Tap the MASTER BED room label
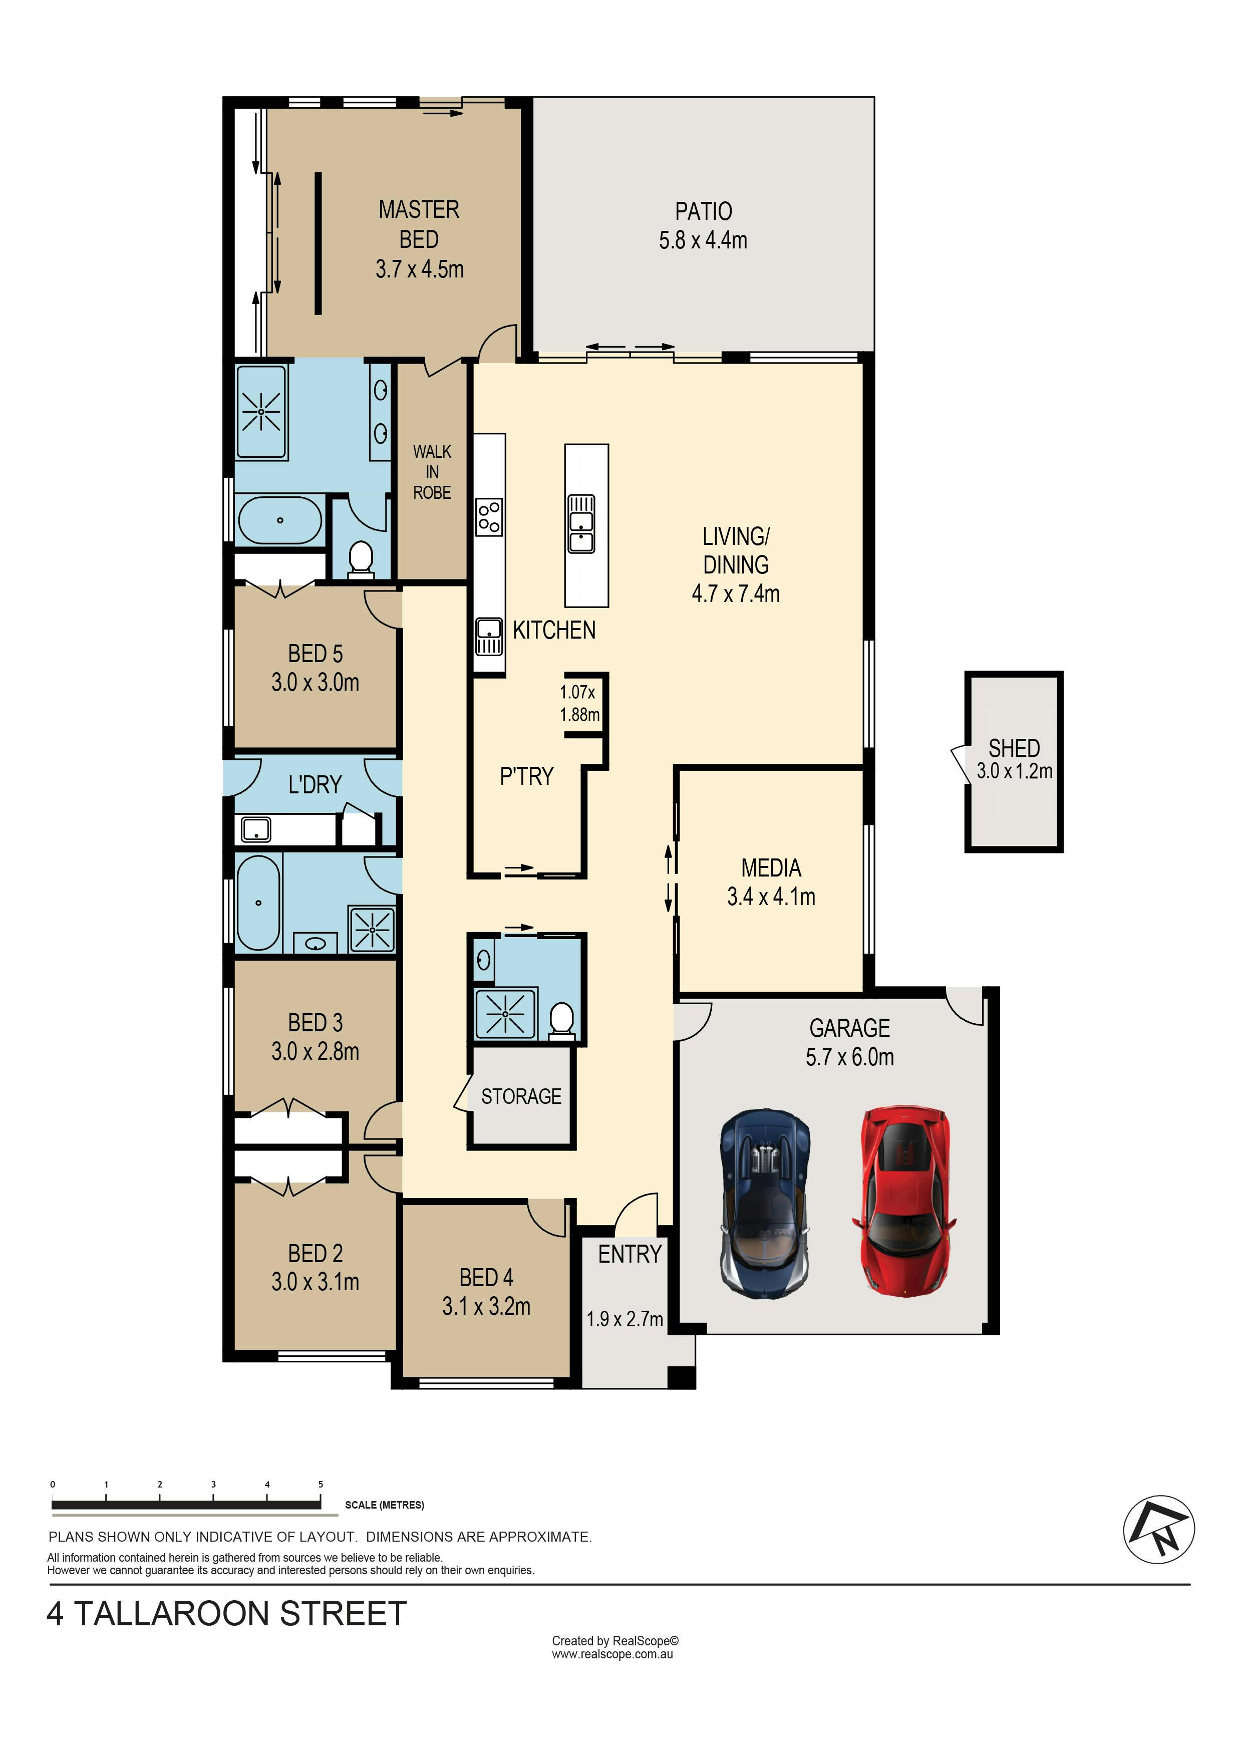pos(419,224)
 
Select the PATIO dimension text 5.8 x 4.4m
pos(703,240)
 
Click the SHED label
pos(1014,748)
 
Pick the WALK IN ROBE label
pos(432,472)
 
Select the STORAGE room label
pos(521,1096)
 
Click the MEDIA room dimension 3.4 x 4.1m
pos(771,897)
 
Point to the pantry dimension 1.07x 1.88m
pos(579,703)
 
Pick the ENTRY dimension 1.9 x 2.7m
pos(625,1319)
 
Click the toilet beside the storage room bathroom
pos(562,1021)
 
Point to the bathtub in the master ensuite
pos(280,520)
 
